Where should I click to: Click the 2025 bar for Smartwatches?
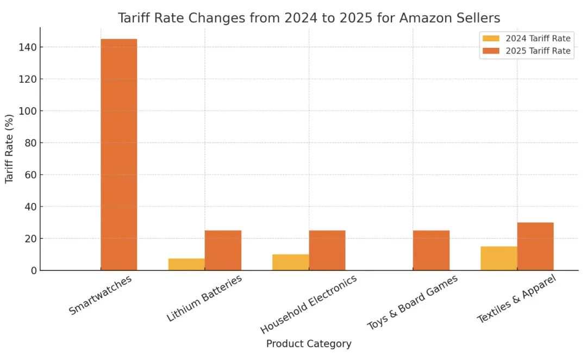click(118, 154)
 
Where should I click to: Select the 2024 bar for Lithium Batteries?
click(186, 264)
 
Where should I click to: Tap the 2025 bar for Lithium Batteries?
click(223, 250)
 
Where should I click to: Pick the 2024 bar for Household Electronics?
click(291, 262)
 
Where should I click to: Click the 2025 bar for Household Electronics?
click(327, 250)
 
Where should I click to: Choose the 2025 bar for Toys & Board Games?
click(431, 250)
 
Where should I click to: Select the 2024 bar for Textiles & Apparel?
click(498, 258)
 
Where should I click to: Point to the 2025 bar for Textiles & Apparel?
click(535, 246)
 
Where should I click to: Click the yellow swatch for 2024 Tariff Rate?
click(490, 39)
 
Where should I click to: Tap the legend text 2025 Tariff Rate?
click(538, 51)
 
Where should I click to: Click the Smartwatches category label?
click(101, 294)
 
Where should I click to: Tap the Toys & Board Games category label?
click(413, 302)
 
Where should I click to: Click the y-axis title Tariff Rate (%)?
click(9, 149)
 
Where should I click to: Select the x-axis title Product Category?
click(309, 344)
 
